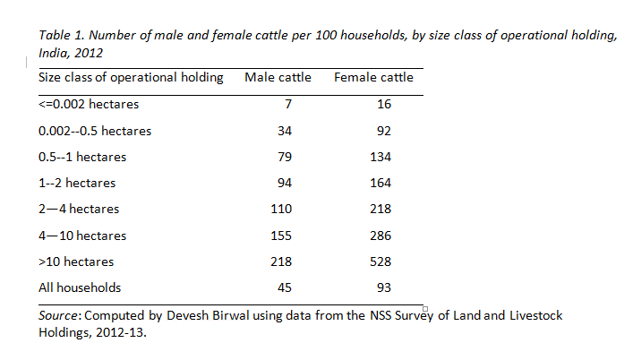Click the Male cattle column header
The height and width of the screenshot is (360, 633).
coord(278,77)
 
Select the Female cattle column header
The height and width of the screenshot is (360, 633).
coord(373,77)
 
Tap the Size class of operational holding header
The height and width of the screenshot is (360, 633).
coord(131,77)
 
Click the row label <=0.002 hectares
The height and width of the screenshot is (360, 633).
coord(89,104)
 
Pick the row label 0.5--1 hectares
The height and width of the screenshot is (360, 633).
coord(82,157)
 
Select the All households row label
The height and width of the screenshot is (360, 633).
coord(80,288)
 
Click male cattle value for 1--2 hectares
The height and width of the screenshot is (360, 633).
coord(284,183)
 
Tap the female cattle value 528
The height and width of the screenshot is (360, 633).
coord(381,261)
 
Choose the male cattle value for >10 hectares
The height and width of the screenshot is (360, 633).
coord(282,261)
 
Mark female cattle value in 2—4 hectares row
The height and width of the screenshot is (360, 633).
coord(381,209)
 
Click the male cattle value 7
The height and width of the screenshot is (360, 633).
coord(288,104)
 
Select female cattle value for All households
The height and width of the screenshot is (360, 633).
coord(384,288)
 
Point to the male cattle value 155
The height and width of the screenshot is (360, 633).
coord(282,236)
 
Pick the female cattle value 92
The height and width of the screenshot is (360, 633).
coord(384,131)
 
